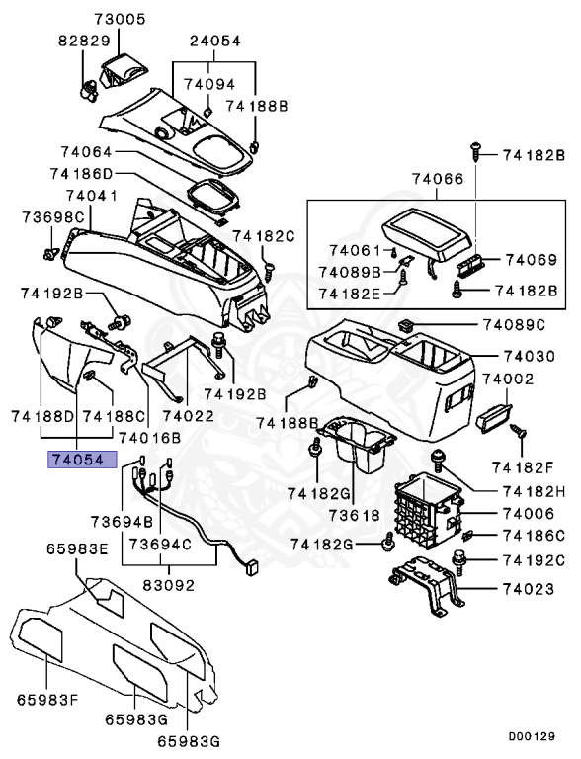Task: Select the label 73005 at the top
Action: pos(120,19)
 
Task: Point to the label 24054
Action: pos(214,41)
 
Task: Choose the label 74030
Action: pos(519,356)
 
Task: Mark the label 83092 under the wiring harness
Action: pos(169,584)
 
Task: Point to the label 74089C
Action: pos(514,324)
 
